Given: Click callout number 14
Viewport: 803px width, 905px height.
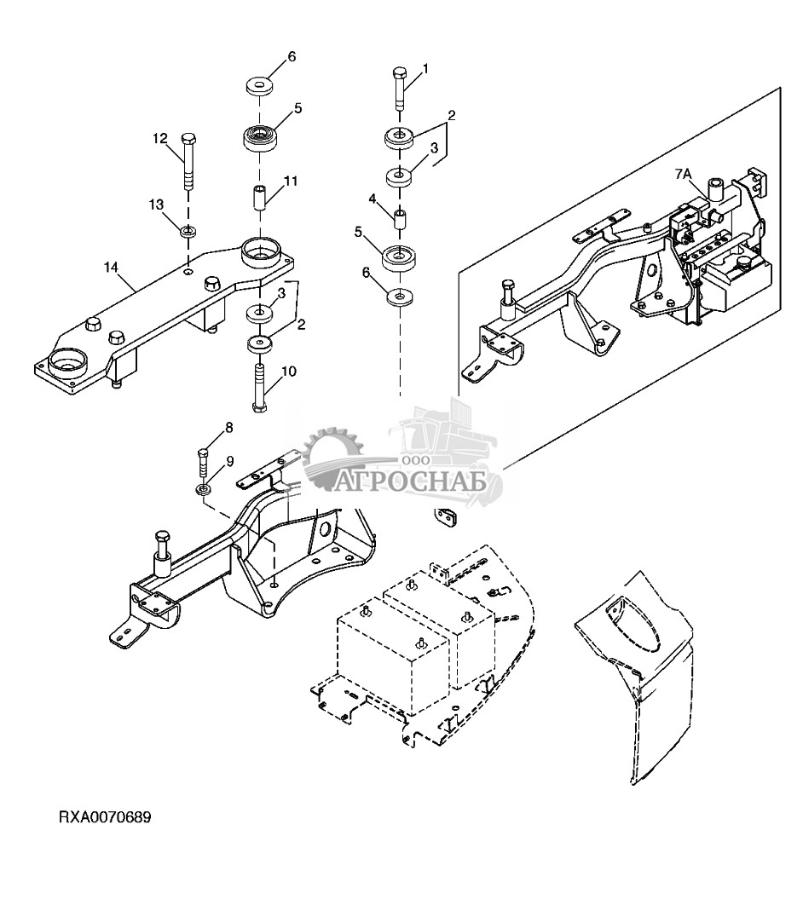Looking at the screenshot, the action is pyautogui.click(x=112, y=268).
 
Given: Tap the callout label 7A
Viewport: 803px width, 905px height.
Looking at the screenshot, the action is pyautogui.click(x=683, y=173).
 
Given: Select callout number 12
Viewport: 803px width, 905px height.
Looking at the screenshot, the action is pyautogui.click(x=160, y=139).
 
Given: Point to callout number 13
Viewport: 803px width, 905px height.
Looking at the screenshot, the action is pyautogui.click(x=157, y=205).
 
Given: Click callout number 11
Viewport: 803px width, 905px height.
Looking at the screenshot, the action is pyautogui.click(x=291, y=181).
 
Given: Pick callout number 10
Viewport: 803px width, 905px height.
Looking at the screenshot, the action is pyautogui.click(x=289, y=372).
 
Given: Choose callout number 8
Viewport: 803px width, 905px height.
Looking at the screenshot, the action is pyautogui.click(x=229, y=428).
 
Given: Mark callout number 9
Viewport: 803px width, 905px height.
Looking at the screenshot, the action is pyautogui.click(x=230, y=461).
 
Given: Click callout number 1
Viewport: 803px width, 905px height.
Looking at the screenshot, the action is pyautogui.click(x=426, y=69).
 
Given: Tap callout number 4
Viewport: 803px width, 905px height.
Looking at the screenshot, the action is pyautogui.click(x=373, y=199).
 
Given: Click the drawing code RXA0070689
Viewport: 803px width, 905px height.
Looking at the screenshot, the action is pyautogui.click(x=105, y=818).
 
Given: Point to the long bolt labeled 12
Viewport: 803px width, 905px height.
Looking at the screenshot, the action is pyautogui.click(x=188, y=162).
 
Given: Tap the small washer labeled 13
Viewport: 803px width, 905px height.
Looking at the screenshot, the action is pyautogui.click(x=188, y=233).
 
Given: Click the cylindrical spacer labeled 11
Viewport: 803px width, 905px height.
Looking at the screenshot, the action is pyautogui.click(x=259, y=199).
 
